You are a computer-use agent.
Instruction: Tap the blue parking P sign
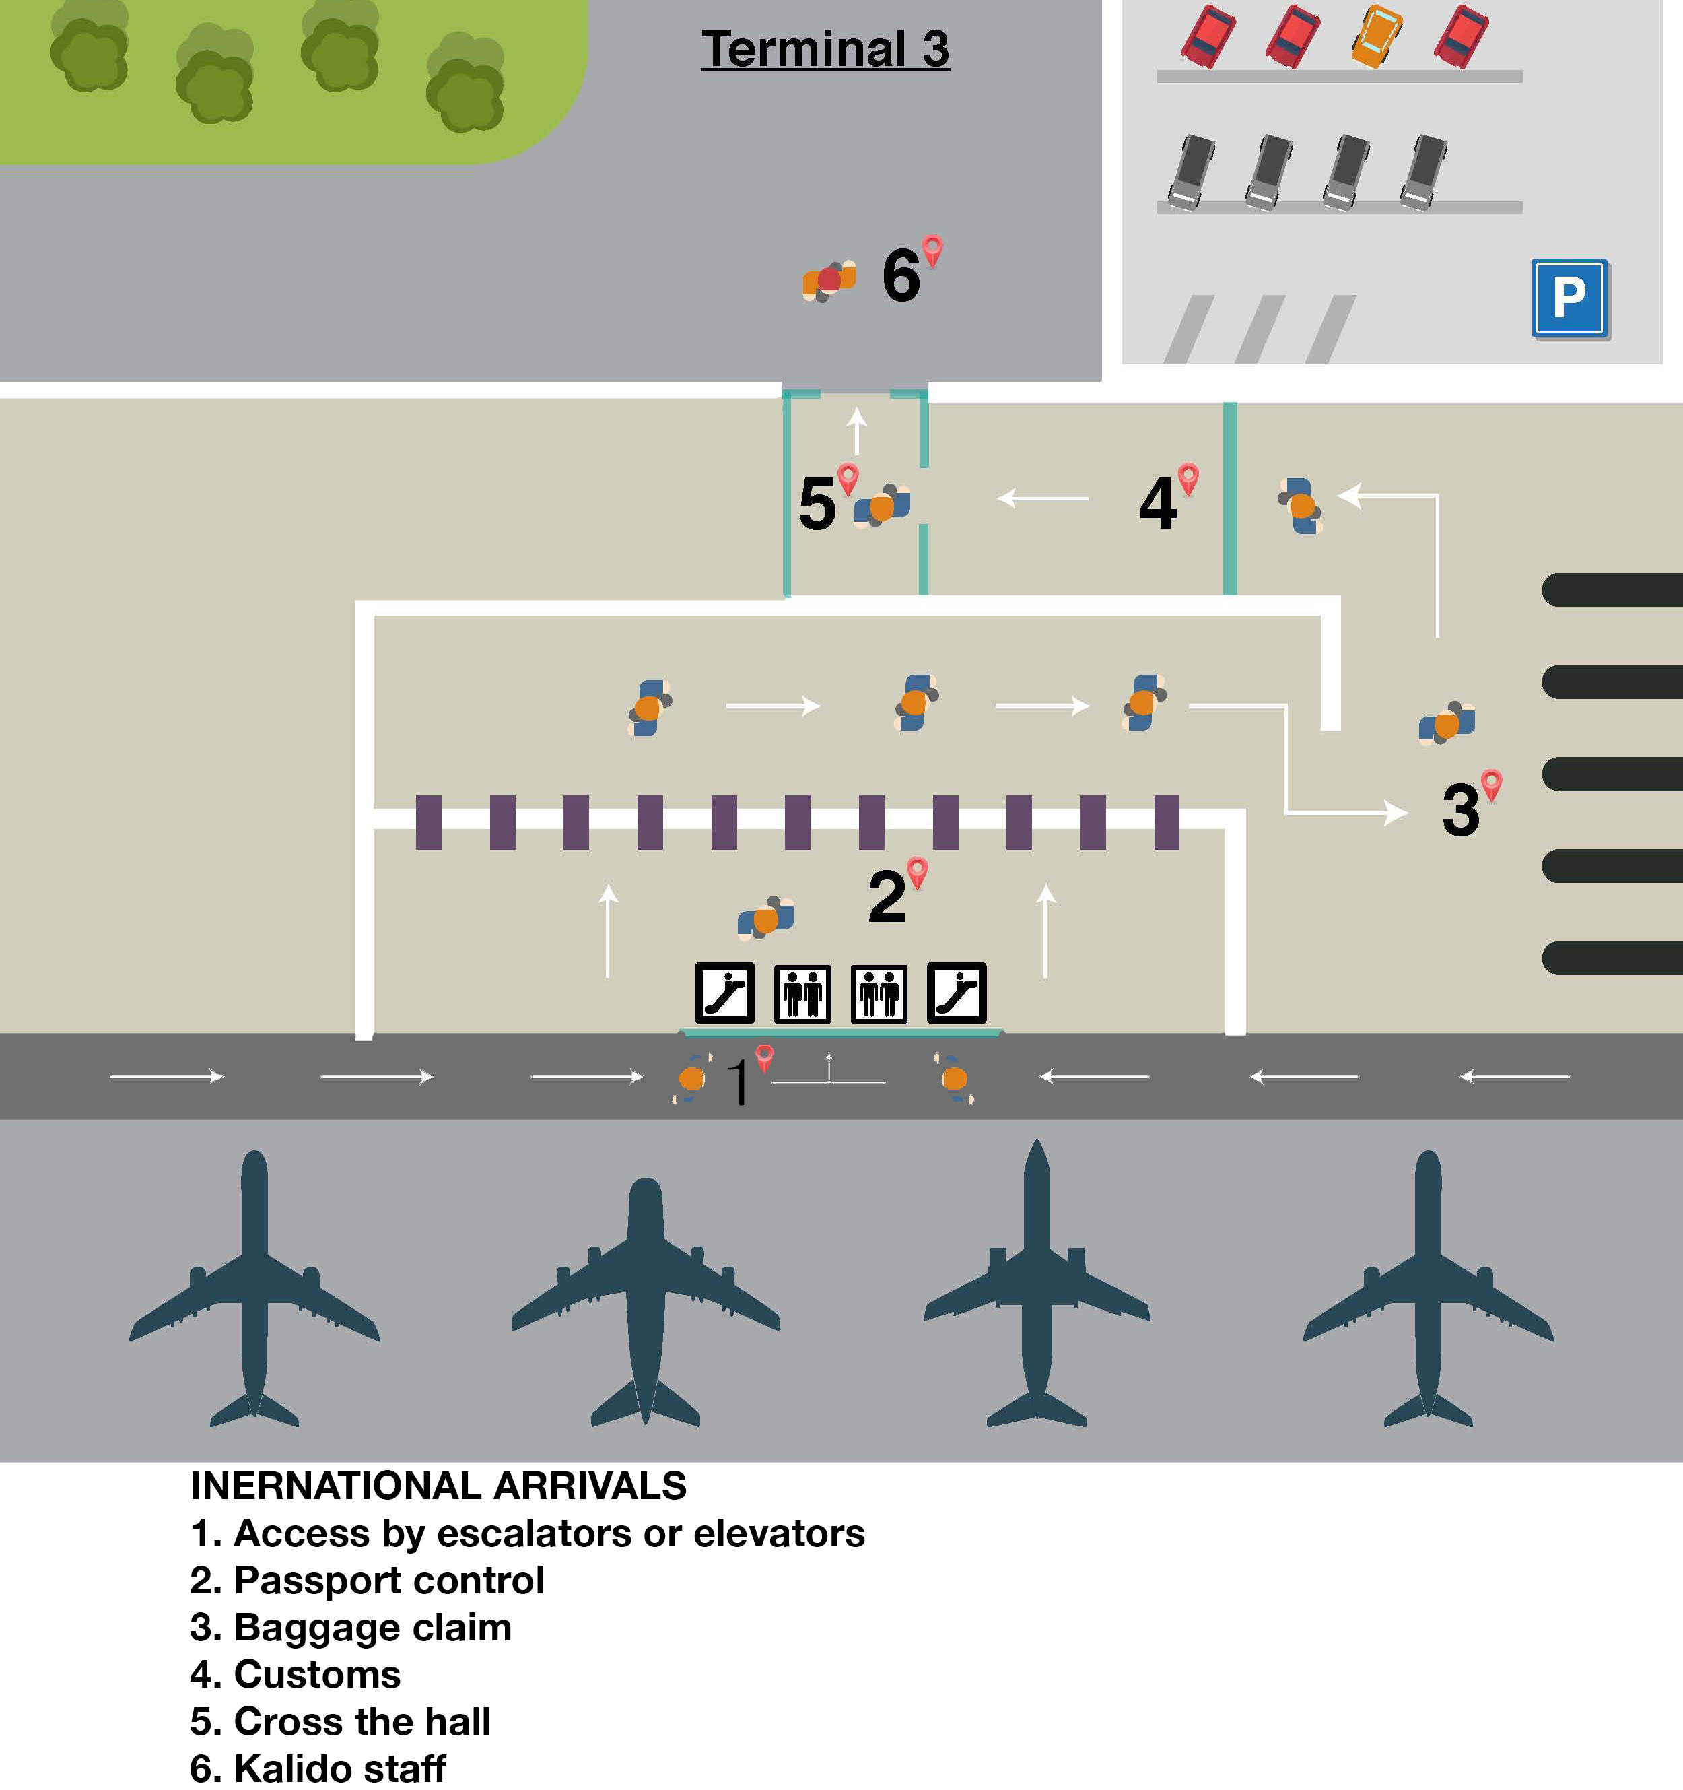pos(1570,298)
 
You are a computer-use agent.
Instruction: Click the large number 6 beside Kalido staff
pos(901,275)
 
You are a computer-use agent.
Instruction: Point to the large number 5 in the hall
pos(817,504)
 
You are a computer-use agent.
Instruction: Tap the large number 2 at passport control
pos(887,898)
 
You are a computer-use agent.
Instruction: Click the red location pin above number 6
pos(932,249)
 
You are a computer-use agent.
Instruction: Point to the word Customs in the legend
pos(317,1675)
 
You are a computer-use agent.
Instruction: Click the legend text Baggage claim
pos(372,1628)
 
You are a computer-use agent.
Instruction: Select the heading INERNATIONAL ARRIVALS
pos(438,1486)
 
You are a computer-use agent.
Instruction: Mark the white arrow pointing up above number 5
pos(857,430)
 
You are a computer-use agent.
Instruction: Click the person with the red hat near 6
pos(829,281)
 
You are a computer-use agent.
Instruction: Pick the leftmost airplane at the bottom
pos(254,1288)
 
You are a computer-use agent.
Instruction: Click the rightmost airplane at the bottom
pos(1429,1288)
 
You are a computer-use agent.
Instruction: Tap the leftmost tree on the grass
pos(88,50)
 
